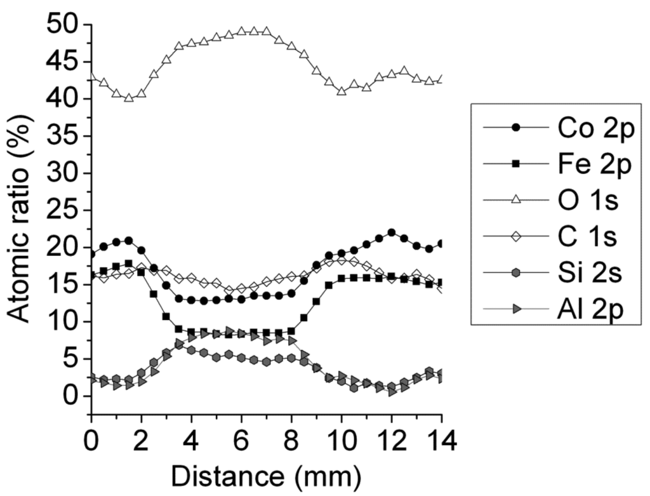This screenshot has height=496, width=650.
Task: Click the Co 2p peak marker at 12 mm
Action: coord(392,232)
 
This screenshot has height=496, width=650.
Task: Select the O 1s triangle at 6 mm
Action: coord(241,31)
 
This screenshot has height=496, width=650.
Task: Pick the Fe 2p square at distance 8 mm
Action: coord(291,331)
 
